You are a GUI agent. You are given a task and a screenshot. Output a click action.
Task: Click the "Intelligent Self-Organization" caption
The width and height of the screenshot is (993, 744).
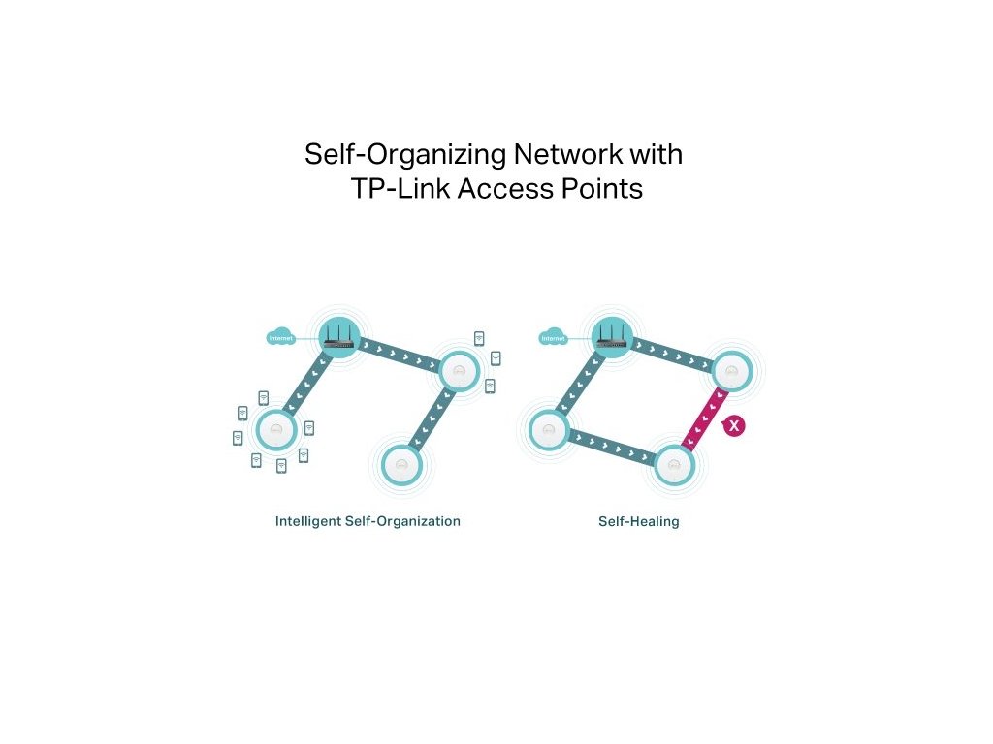pos(368,521)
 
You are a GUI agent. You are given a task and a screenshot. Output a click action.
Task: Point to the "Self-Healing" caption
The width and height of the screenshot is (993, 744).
pos(639,521)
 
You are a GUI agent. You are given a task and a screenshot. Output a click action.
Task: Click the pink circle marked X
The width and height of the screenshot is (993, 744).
pos(734,425)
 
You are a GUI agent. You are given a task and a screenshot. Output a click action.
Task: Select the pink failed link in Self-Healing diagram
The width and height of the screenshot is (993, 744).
pos(703,418)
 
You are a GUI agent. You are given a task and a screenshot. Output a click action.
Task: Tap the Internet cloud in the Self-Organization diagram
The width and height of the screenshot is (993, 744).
pos(280,338)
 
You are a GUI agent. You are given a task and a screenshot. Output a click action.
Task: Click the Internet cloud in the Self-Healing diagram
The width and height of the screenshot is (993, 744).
pos(553,338)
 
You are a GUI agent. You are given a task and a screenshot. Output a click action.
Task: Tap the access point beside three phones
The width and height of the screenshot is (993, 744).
pos(458,370)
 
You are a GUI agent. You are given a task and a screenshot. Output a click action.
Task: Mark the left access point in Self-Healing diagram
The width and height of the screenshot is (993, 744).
pos(548,429)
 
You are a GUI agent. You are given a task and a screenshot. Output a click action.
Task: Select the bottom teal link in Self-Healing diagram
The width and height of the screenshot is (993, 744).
pos(611,448)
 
